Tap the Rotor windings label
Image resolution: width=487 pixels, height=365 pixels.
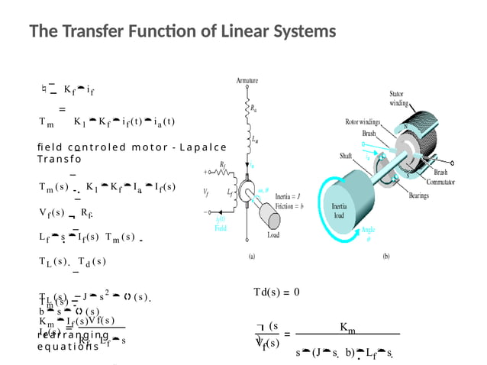click(x=363, y=121)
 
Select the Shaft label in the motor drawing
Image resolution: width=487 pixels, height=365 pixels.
click(x=346, y=156)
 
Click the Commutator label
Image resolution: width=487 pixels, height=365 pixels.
click(x=446, y=182)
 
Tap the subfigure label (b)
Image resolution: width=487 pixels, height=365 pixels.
click(x=386, y=257)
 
